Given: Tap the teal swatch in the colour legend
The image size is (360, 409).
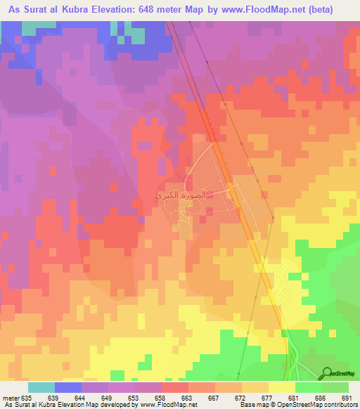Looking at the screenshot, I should pyautogui.click(x=41, y=387).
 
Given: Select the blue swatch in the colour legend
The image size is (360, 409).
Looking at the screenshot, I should pyautogui.click(x=68, y=387).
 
